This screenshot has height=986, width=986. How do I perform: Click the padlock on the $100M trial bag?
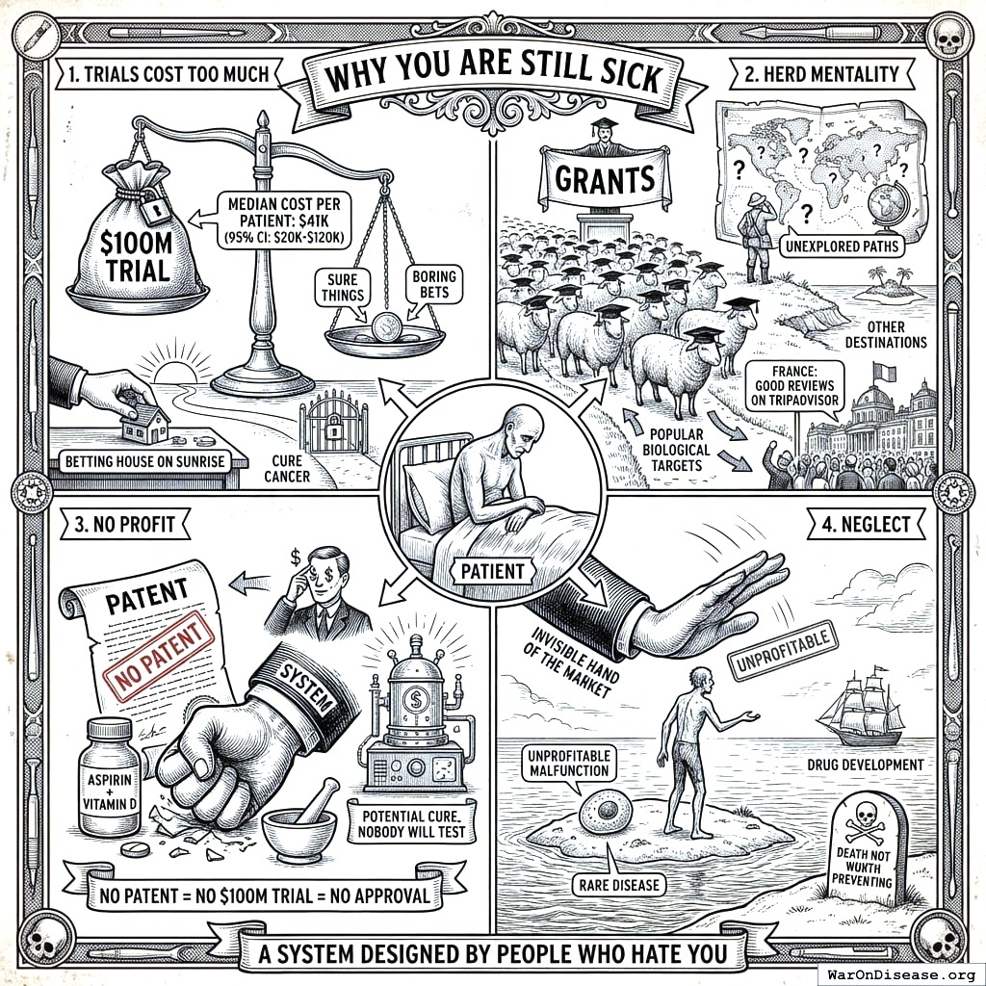pos(152,206)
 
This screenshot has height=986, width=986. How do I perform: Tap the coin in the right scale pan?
pos(384,327)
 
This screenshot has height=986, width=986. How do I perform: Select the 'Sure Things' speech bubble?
pos(344,288)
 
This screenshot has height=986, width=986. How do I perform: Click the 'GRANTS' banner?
pos(605,178)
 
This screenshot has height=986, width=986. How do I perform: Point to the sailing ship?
pos(861,709)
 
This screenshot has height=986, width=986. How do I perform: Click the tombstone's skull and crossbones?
pos(865,824)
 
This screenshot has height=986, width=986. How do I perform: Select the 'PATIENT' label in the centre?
pos(492,571)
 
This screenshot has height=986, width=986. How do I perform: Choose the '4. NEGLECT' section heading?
pos(866,524)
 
